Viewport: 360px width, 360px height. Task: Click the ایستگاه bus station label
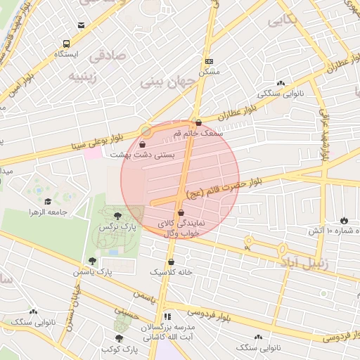coord(67,53)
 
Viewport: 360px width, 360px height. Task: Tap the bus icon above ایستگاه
coord(67,43)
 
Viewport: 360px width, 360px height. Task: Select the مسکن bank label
coord(209,71)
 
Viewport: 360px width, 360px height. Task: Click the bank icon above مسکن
coord(209,61)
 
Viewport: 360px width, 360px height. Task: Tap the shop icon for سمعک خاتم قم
coord(199,122)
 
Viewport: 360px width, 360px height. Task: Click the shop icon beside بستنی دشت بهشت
coord(143,144)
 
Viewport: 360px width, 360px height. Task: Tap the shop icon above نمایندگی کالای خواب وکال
coord(181,212)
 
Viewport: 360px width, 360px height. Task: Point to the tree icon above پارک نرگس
coord(117,215)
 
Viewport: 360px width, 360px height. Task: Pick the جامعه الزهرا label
coord(48,212)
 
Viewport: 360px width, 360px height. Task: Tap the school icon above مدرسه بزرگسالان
coord(167,318)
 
